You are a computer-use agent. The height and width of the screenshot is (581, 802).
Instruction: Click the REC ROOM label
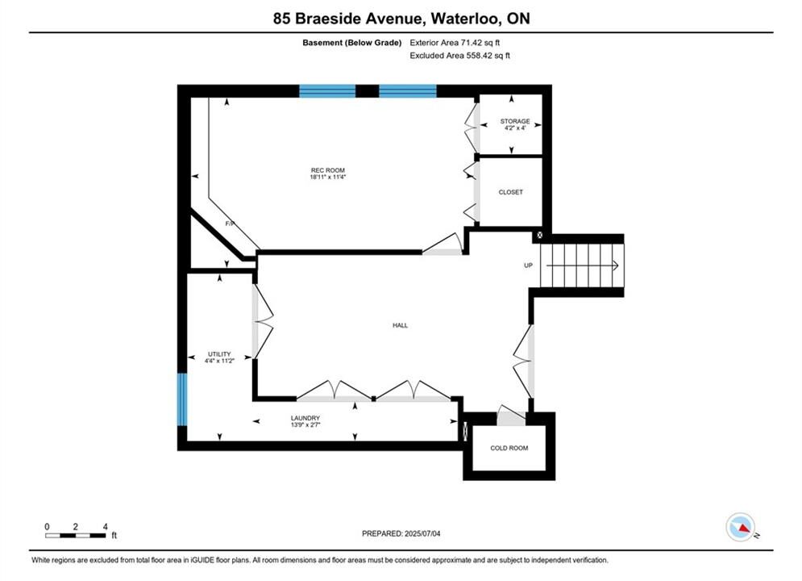point(328,170)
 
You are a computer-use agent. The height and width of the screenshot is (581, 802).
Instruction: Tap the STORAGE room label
point(514,121)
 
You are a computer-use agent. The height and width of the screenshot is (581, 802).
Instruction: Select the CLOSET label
point(510,192)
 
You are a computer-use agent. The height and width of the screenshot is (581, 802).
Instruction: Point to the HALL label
point(400,325)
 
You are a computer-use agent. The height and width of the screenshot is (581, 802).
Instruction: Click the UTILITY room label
point(219,353)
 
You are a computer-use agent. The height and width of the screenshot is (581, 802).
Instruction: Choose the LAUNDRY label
point(305,418)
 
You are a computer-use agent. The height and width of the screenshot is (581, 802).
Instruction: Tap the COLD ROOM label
point(509,448)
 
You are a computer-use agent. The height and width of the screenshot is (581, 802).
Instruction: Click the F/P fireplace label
point(231,224)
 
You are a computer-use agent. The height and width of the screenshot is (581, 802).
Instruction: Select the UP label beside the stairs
point(529,265)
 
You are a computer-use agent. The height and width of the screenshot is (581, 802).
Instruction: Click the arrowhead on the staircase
point(616,265)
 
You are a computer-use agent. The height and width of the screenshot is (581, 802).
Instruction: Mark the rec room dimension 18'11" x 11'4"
point(328,177)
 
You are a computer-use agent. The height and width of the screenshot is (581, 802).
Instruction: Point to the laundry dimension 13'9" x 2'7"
point(305,425)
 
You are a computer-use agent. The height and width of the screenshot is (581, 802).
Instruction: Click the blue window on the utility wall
point(182,399)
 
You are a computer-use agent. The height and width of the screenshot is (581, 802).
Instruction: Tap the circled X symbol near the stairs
point(539,236)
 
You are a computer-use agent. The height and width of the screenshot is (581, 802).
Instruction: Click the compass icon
point(740,527)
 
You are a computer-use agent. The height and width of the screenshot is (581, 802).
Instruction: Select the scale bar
point(75,536)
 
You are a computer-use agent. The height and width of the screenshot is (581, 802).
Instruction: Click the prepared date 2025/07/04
point(422,533)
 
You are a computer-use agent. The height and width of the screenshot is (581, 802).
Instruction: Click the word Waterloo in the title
point(465,19)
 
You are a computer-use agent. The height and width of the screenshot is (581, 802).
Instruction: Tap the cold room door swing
point(510,415)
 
